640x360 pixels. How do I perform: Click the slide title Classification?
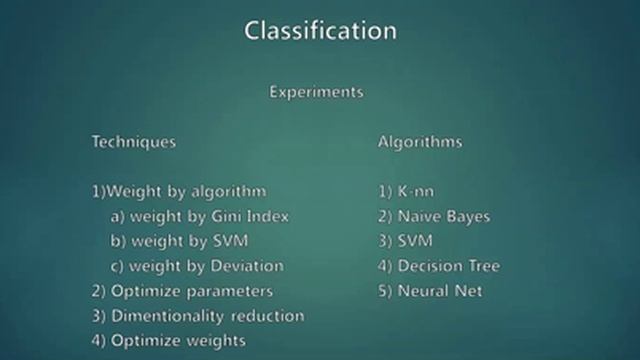tap(320, 30)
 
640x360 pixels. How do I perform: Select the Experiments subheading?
tap(316, 91)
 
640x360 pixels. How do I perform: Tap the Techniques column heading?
tap(134, 142)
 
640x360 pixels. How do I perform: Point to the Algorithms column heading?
tap(420, 142)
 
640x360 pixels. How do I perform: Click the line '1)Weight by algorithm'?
tap(179, 191)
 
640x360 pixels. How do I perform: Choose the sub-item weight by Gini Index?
tap(201, 216)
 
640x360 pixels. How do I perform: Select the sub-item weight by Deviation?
tap(198, 266)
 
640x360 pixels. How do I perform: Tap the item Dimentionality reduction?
tap(198, 316)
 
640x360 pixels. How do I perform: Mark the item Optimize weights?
tap(169, 341)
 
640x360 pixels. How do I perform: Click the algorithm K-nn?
tap(406, 191)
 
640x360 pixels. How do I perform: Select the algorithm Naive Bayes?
tap(435, 216)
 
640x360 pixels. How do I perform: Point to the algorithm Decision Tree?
tap(439, 266)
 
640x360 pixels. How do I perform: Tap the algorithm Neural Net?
tap(430, 291)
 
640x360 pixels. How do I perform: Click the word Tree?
tap(481, 266)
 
